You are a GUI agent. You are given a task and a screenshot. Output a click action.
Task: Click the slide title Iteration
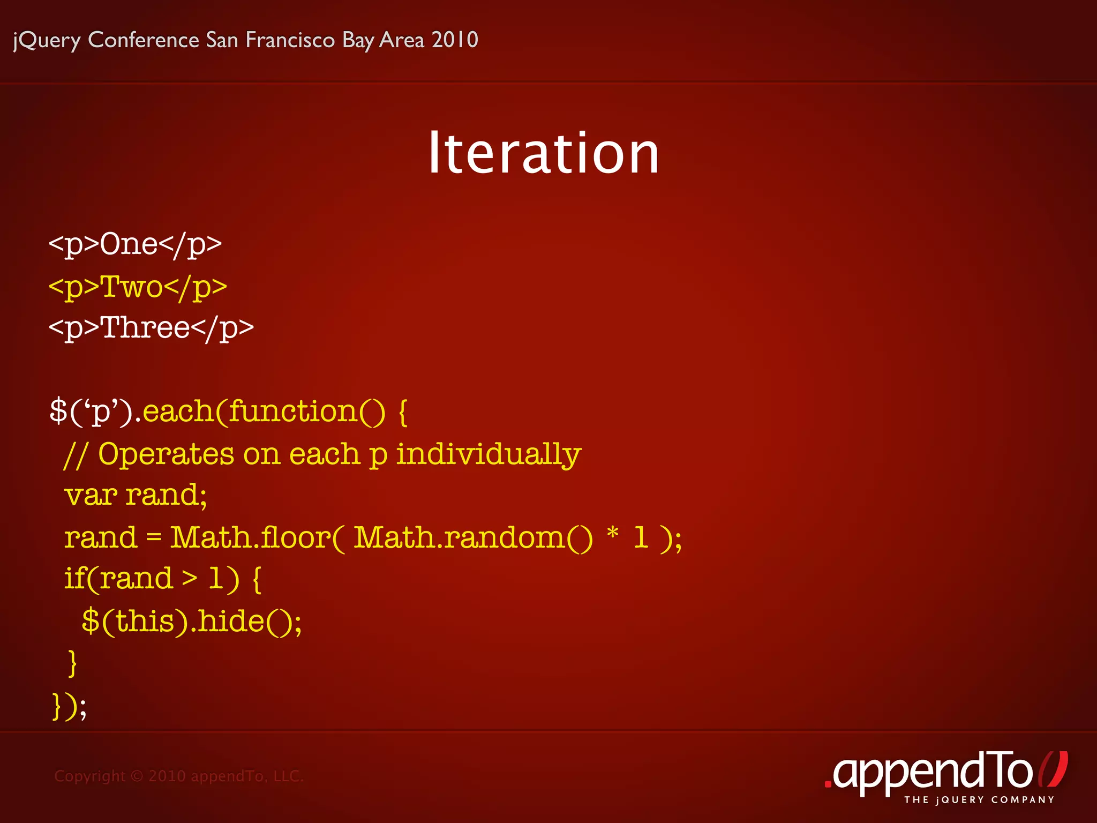click(x=543, y=154)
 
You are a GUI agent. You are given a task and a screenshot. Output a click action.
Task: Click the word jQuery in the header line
click(x=47, y=41)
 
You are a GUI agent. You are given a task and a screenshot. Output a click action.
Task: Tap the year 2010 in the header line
click(x=455, y=40)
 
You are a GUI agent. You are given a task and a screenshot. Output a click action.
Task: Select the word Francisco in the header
click(x=290, y=40)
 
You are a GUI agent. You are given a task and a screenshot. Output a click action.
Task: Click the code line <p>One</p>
click(x=135, y=245)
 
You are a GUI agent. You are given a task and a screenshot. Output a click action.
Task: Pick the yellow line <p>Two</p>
click(x=138, y=287)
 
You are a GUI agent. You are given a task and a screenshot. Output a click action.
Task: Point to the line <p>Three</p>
click(x=151, y=328)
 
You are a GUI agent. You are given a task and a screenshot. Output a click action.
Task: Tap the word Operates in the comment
click(x=166, y=454)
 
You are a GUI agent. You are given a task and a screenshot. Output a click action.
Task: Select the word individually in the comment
click(x=489, y=454)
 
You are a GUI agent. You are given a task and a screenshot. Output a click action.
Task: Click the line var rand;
click(x=136, y=495)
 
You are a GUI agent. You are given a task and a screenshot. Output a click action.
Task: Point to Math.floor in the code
click(x=251, y=537)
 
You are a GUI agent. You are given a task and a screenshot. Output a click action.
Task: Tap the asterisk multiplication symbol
click(x=613, y=534)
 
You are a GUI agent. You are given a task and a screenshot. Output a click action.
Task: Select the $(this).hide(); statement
click(x=192, y=622)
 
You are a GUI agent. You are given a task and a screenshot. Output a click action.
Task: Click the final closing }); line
click(x=69, y=706)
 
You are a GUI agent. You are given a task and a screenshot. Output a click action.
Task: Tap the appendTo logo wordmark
click(x=932, y=772)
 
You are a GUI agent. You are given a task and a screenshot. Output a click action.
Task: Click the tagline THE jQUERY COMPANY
click(x=979, y=800)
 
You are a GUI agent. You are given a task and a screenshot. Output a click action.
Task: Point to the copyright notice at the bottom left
click(x=179, y=776)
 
